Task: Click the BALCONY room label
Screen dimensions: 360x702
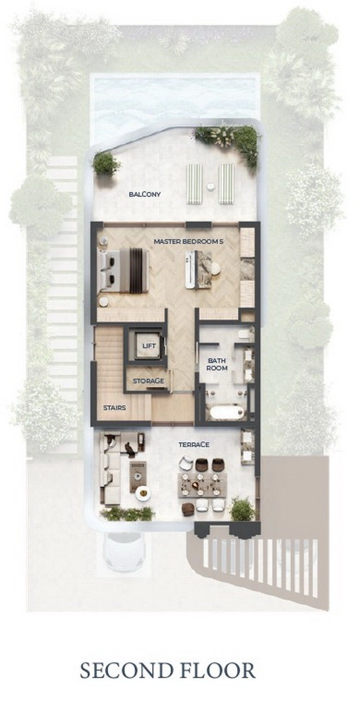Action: (144, 194)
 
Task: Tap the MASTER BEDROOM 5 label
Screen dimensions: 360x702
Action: (188, 241)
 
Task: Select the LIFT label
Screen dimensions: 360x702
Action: (148, 346)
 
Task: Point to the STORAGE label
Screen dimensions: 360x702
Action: (148, 381)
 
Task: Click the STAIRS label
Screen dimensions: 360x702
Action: (114, 408)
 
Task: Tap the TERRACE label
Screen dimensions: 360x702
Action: (194, 444)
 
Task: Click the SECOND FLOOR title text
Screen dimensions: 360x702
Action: (168, 671)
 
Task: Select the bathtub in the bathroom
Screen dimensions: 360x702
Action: (227, 412)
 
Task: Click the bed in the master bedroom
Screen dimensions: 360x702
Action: (124, 271)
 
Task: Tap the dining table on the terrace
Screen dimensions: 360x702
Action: (202, 485)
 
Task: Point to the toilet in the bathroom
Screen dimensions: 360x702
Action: (244, 333)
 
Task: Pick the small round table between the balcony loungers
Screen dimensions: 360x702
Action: (211, 187)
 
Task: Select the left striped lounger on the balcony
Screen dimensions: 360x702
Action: (194, 184)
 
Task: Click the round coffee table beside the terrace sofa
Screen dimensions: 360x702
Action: (143, 494)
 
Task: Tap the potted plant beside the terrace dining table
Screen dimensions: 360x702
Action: (242, 509)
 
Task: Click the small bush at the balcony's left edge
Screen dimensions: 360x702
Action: (106, 164)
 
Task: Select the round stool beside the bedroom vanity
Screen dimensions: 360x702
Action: (215, 268)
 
